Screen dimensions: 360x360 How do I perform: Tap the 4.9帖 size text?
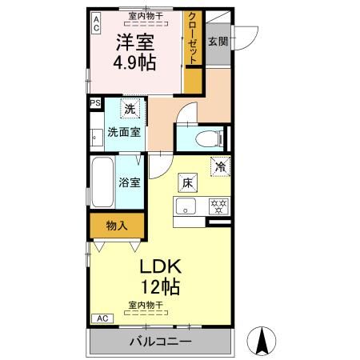(134, 62)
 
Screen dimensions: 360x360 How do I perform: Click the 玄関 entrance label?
(218, 42)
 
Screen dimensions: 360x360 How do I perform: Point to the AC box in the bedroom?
(96, 22)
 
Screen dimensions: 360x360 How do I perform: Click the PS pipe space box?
(95, 102)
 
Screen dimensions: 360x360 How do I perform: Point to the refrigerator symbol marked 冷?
(218, 166)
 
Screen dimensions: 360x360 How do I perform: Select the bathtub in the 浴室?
(102, 182)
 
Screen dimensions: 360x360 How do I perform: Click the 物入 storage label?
(118, 226)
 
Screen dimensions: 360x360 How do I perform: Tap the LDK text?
(163, 266)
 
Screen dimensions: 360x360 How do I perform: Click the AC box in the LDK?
(102, 318)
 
